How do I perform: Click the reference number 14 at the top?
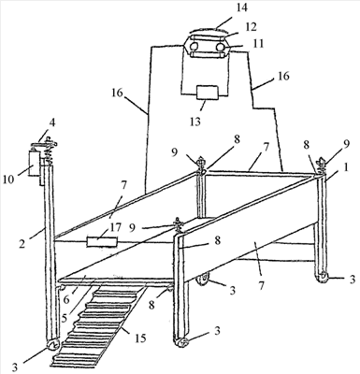click(x=241, y=8)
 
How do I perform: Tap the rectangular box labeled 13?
click(x=208, y=93)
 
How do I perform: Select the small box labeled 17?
click(x=102, y=242)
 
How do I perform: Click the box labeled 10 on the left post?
click(x=35, y=164)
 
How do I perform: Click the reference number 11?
click(x=258, y=43)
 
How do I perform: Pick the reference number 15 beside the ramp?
click(x=140, y=338)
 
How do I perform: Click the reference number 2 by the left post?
click(x=22, y=243)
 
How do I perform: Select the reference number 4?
click(x=52, y=123)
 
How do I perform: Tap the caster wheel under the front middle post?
click(x=181, y=342)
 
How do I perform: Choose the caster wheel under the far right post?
click(x=322, y=277)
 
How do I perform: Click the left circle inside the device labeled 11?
click(x=194, y=47)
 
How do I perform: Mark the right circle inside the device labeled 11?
click(x=221, y=47)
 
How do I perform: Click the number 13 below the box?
click(x=195, y=121)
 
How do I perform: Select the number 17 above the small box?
click(x=115, y=227)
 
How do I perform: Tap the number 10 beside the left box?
click(x=8, y=180)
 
